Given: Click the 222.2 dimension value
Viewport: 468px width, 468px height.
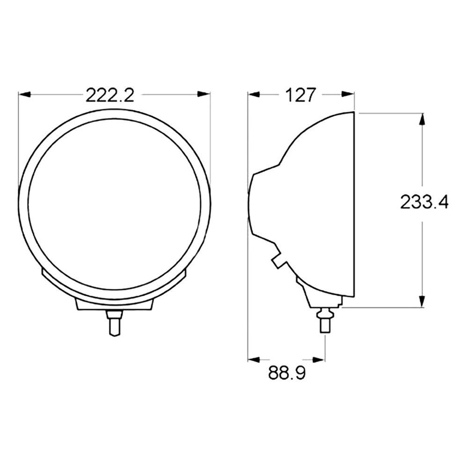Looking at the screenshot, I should pos(110,95).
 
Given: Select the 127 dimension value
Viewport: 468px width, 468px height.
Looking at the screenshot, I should pos(300,95).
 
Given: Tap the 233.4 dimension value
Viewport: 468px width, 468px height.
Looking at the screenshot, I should pos(424,202).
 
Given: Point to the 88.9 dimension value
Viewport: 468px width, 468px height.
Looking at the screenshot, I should pos(287,373).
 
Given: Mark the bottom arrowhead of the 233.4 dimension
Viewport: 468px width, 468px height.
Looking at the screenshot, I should pos(422,302).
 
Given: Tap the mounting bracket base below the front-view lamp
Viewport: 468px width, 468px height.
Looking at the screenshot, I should pos(114,304).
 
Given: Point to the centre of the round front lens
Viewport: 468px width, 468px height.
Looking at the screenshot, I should pos(115,204).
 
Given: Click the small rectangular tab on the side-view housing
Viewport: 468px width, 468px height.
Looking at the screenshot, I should pos(279,259).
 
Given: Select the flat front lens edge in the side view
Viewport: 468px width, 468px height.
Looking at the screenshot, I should pos(353,204).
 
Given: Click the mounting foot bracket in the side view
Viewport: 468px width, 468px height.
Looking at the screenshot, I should pos(318,295).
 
